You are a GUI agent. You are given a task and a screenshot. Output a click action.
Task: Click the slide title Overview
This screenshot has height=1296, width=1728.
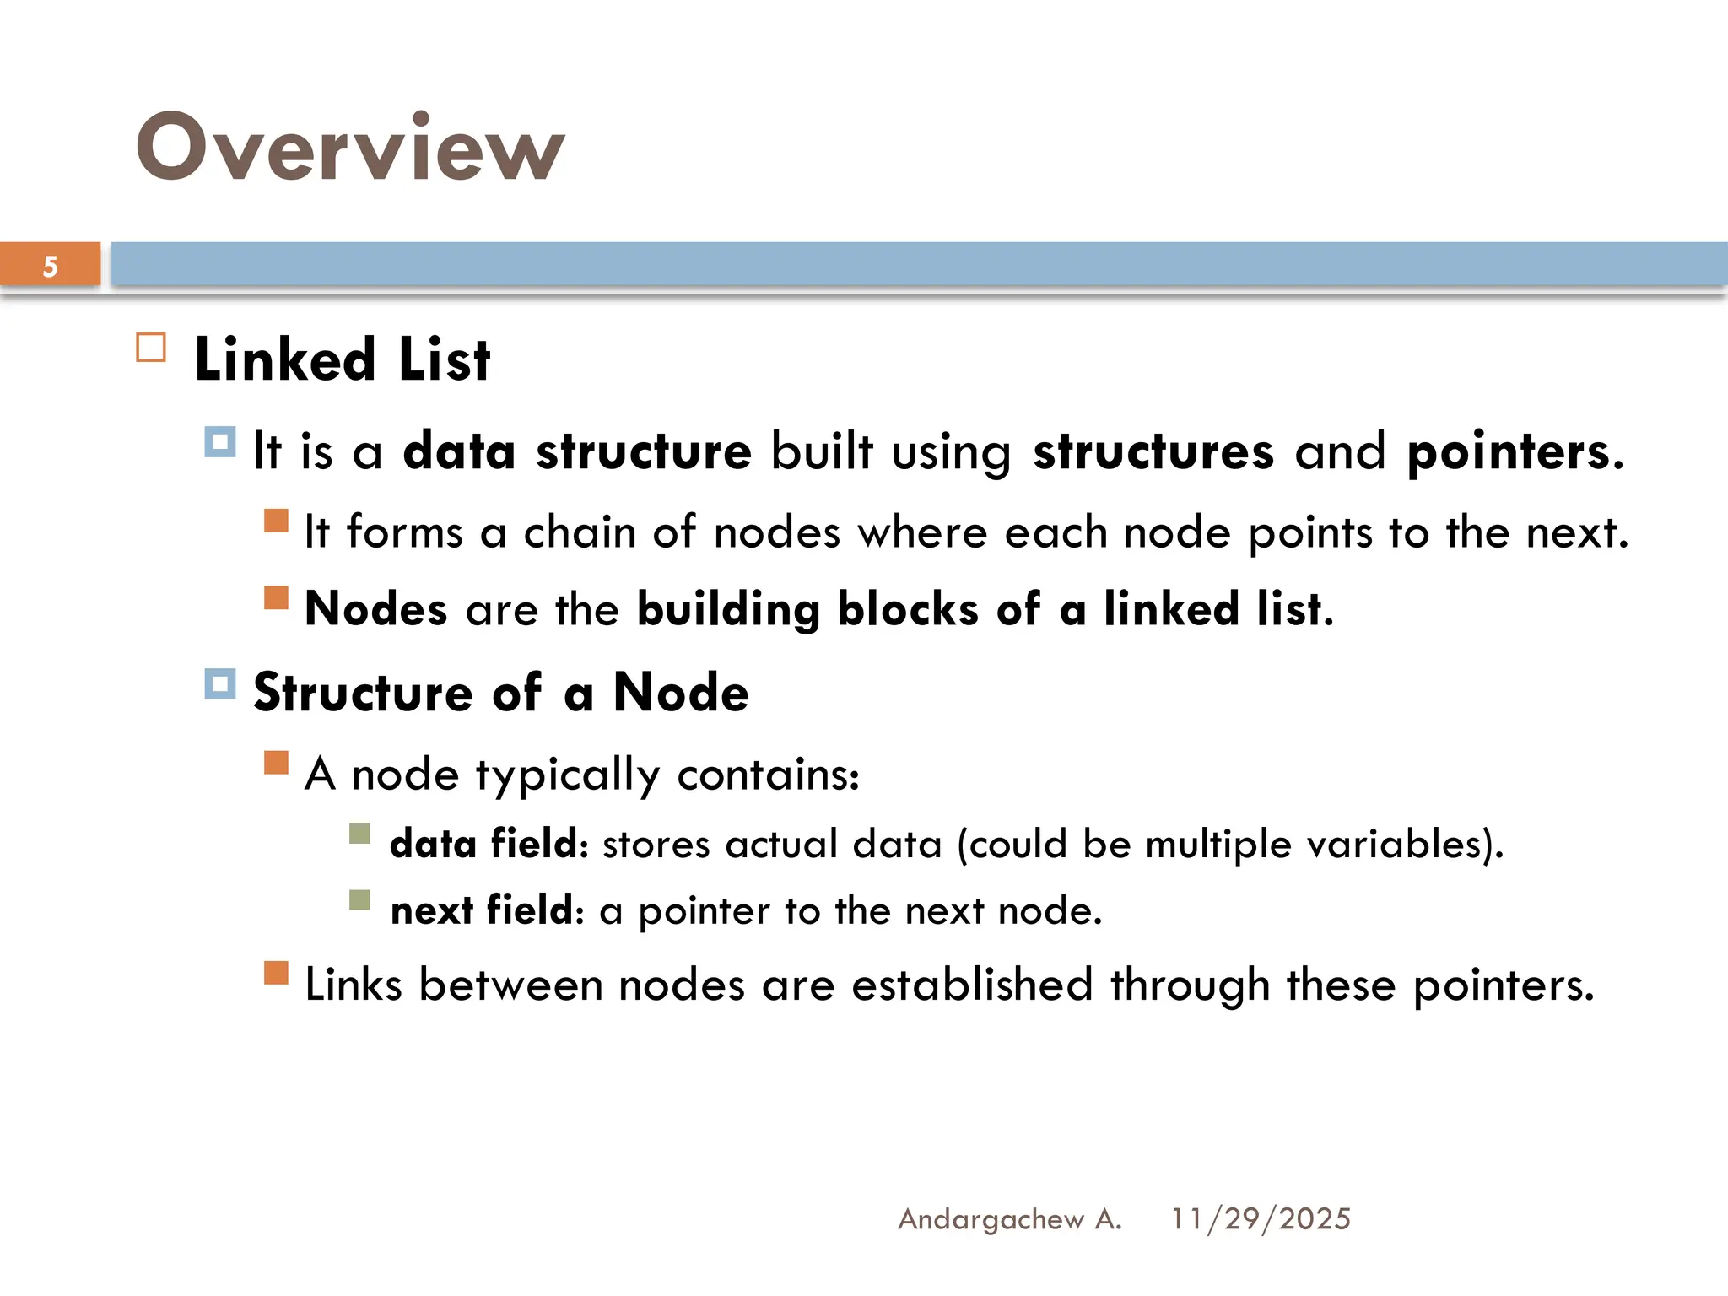tap(349, 148)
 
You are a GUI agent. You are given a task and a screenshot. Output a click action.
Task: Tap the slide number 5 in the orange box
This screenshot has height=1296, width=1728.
tap(51, 267)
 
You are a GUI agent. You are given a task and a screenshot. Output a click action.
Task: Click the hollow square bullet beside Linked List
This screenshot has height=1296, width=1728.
tap(151, 348)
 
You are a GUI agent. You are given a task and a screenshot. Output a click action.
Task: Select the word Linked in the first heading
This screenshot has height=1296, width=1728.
tap(284, 360)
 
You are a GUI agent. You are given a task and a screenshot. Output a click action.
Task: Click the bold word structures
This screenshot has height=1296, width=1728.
tap(1153, 451)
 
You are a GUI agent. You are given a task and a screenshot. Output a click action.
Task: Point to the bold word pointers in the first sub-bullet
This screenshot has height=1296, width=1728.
tap(1509, 451)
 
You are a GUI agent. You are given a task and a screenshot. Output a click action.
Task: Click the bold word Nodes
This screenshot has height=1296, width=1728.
tap(375, 609)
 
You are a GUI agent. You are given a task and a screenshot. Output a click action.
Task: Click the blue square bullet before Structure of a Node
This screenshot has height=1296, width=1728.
tap(220, 684)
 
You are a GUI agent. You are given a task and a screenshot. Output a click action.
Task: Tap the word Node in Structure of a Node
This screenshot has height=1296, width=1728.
tap(680, 693)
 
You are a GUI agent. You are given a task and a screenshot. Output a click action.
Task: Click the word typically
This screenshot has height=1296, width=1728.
tap(568, 775)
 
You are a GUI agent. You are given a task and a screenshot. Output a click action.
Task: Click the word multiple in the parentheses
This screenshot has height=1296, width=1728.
tap(1218, 844)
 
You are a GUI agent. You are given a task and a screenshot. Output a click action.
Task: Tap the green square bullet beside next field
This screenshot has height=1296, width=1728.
tap(360, 901)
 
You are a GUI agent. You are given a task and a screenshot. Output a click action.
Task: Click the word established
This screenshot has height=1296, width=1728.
tap(972, 985)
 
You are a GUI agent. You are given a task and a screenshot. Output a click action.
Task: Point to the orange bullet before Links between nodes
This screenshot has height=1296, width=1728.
tap(276, 973)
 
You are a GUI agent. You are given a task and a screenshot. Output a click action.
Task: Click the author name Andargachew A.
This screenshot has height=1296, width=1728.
tap(1009, 1219)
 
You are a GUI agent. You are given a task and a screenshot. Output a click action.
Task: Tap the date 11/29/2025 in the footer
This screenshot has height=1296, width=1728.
tap(1261, 1219)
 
